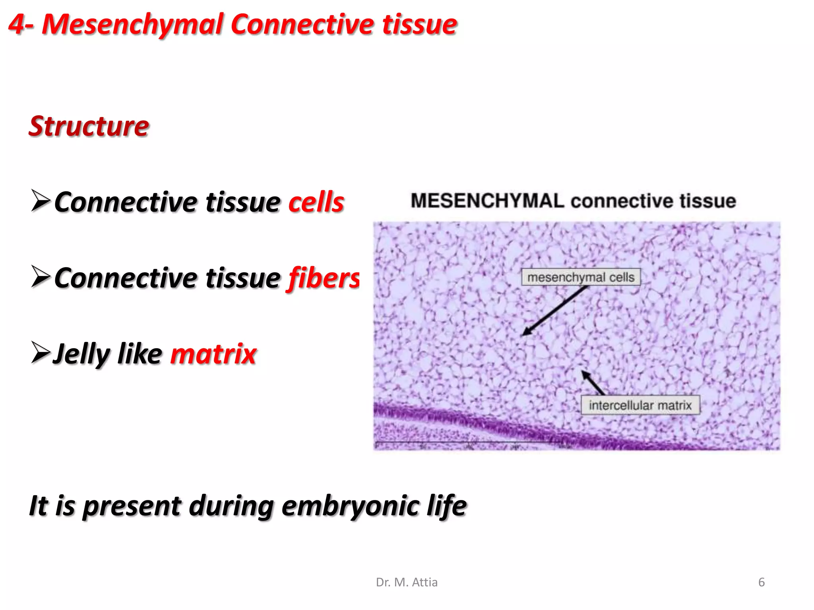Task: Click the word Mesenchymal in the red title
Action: [133, 25]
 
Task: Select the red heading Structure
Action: [89, 126]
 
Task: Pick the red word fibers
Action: [323, 278]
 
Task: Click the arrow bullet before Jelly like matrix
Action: [40, 352]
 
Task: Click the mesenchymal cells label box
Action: [581, 277]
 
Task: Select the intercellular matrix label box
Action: [640, 405]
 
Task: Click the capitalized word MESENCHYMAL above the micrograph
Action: [487, 201]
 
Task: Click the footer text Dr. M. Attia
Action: [407, 582]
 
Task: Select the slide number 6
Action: [761, 582]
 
